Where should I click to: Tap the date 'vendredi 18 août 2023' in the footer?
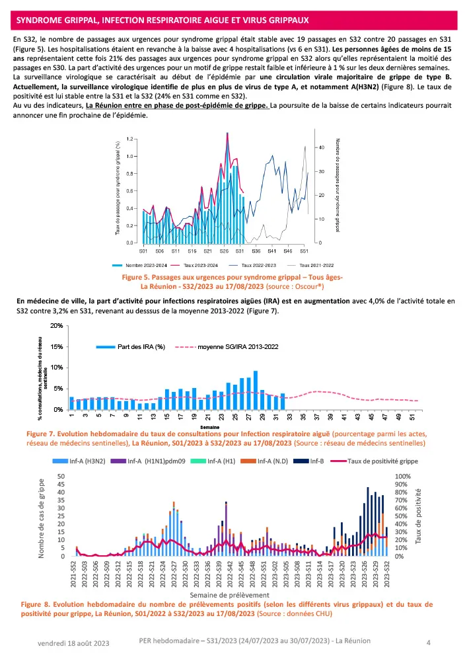[x=68, y=642]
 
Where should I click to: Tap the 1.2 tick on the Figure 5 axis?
[x=130, y=139]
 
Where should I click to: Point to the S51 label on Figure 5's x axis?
[x=304, y=251]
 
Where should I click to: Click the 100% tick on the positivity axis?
[x=402, y=476]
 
